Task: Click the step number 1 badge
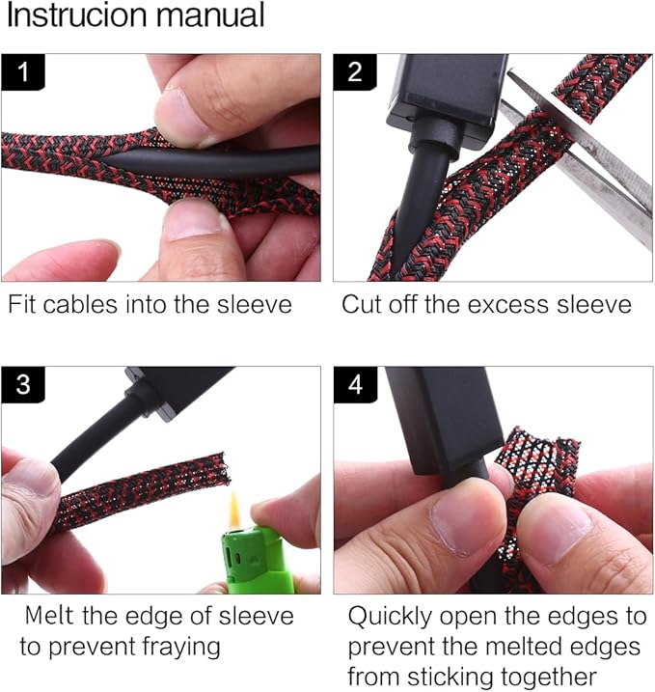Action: pos(23,72)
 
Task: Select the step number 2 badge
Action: pos(355,72)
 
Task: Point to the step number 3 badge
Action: pos(23,384)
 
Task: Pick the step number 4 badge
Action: pos(355,384)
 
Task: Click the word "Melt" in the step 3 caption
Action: pos(49,615)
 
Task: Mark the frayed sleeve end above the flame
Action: pos(221,468)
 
